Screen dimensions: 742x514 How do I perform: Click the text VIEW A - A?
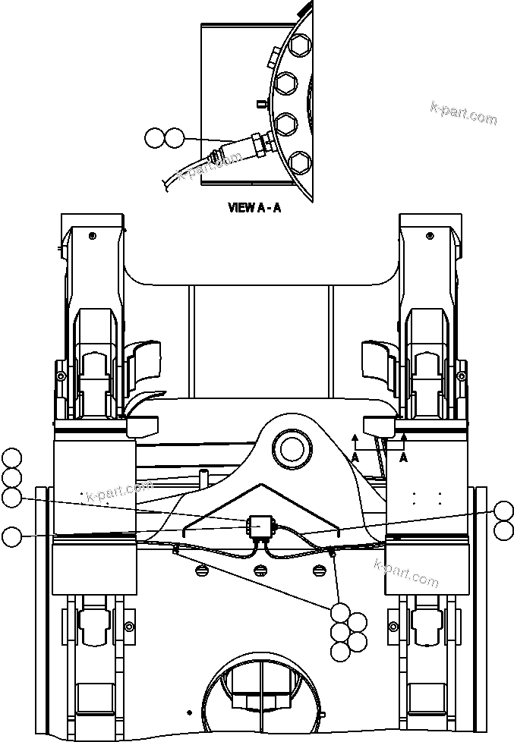pos(254,207)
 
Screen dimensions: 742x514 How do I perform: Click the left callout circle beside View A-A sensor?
pos(154,137)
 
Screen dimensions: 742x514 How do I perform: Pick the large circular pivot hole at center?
pos(292,448)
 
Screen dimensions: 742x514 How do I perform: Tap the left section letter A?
pos(355,457)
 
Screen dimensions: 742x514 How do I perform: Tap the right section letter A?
pos(404,457)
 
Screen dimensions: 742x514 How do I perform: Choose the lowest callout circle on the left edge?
pos(11,536)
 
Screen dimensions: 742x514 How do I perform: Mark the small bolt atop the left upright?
pos(92,236)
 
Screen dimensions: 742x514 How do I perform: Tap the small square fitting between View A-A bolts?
pos(260,104)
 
